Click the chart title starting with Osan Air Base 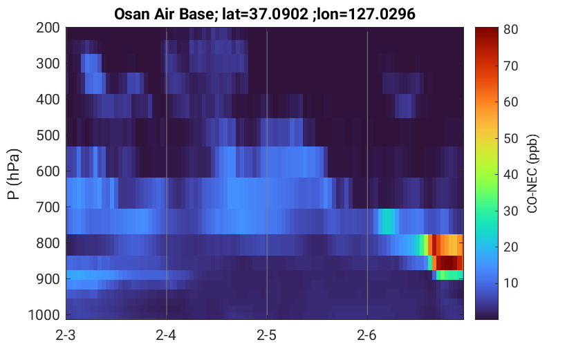pyautogui.click(x=264, y=14)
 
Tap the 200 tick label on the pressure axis pyautogui.click(x=48, y=28)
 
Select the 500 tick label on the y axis pyautogui.click(x=48, y=135)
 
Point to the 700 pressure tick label pyautogui.click(x=48, y=207)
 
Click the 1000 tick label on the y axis pyautogui.click(x=44, y=315)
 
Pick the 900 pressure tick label pyautogui.click(x=48, y=279)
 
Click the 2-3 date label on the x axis pyautogui.click(x=66, y=335)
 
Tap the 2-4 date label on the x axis pyautogui.click(x=166, y=335)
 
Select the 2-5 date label pyautogui.click(x=267, y=335)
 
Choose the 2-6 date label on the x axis pyautogui.click(x=367, y=335)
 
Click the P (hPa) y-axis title pyautogui.click(x=14, y=174)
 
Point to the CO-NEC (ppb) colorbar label pyautogui.click(x=532, y=173)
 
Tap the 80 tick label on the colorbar pyautogui.click(x=510, y=29)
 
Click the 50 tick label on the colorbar pyautogui.click(x=510, y=138)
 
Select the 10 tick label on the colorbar pyautogui.click(x=510, y=283)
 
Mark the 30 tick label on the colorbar pyautogui.click(x=510, y=211)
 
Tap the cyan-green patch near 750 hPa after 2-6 pyautogui.click(x=387, y=221)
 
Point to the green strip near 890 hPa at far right pyautogui.click(x=449, y=275)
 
